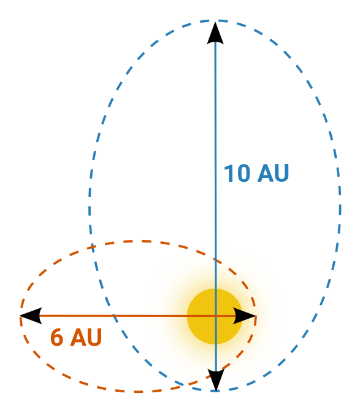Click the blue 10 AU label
tap(256, 173)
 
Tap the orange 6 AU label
tap(76, 337)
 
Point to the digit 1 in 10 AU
tap(229, 173)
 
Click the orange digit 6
tap(56, 337)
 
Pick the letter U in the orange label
tap(94, 337)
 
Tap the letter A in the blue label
tap(265, 173)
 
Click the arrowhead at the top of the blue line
tap(215, 33)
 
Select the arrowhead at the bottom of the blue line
tap(216, 379)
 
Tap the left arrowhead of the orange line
tap(31, 316)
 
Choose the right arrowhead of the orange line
tap(245, 316)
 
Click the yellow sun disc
tap(215, 316)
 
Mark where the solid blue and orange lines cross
tap(216, 316)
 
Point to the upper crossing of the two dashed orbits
tap(91, 247)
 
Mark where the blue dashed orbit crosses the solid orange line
tap(113, 316)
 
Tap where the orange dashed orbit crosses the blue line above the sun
tap(216, 259)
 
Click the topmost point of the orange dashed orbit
tap(136, 241)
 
